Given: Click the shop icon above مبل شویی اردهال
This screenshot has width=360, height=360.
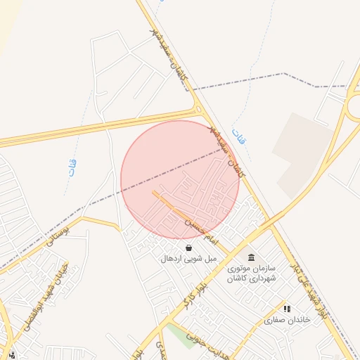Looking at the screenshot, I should (x=188, y=247).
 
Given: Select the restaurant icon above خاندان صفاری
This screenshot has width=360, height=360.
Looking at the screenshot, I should (x=286, y=309).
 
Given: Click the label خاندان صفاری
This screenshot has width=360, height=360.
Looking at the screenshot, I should (x=287, y=320).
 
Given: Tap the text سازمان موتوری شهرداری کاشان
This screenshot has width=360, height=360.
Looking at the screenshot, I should (x=252, y=274).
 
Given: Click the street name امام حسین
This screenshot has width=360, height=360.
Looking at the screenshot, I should (x=198, y=230).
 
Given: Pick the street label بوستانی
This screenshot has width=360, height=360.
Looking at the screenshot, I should (x=58, y=233).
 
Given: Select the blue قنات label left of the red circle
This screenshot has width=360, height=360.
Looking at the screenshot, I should (x=72, y=168).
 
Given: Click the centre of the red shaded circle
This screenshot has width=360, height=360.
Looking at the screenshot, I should (x=181, y=179).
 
